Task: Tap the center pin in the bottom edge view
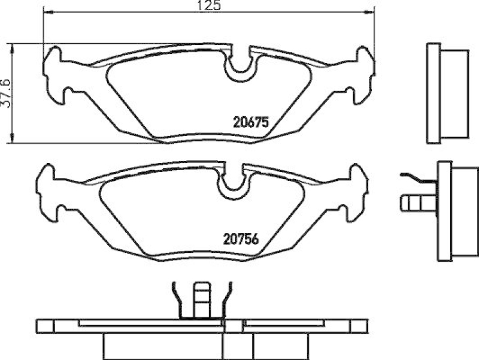[201, 300]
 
